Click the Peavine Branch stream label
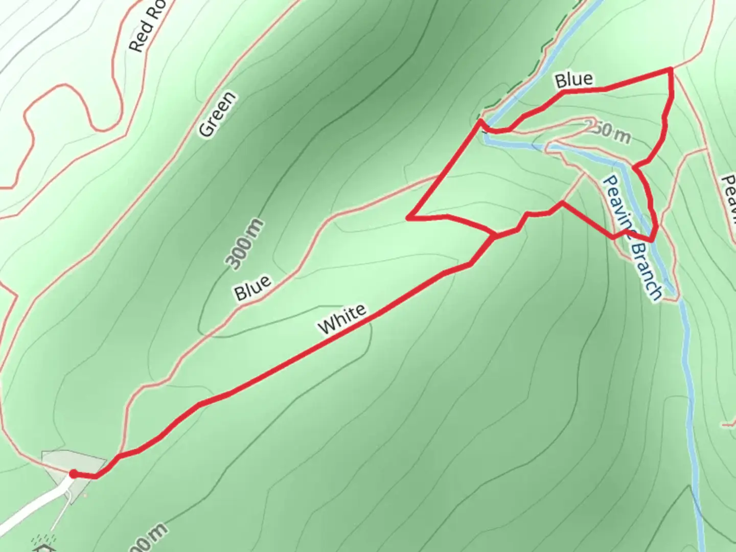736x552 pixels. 633,238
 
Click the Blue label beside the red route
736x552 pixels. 574,79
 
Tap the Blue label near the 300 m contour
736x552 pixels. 252,288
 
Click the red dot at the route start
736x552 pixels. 73,474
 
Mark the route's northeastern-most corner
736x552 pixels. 670,69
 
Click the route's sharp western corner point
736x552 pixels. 409,218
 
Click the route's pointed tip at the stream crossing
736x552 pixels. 480,121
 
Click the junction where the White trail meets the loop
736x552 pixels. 494,237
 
